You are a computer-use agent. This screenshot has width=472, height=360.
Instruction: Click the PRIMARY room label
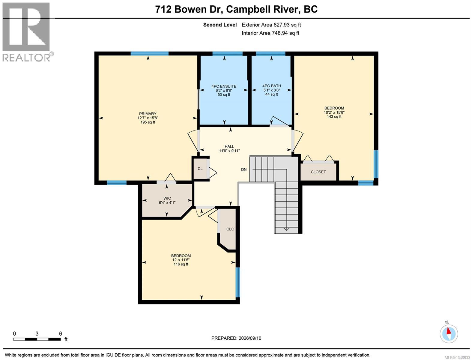[x=148, y=114]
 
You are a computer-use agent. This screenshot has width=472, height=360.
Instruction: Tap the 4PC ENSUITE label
[x=224, y=86]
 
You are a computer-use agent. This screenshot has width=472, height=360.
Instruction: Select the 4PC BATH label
[x=272, y=86]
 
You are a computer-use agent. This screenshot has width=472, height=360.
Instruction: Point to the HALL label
[x=229, y=147]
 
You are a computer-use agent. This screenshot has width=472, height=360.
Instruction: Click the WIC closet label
[x=167, y=198]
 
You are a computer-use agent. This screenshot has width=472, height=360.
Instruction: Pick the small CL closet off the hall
[x=200, y=169]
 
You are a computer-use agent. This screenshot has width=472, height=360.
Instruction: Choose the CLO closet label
[x=230, y=229]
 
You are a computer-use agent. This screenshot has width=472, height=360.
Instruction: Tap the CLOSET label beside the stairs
[x=318, y=172]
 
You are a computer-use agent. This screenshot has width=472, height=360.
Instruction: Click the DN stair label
[x=243, y=170]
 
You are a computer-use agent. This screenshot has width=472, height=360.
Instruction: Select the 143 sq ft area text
[x=334, y=117]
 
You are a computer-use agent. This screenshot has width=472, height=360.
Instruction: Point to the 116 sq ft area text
[x=181, y=264]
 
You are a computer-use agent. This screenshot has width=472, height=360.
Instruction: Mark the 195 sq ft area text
[x=148, y=122]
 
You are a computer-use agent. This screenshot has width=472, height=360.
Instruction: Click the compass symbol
[x=449, y=334]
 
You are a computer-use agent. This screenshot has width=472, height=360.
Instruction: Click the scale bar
[x=37, y=339]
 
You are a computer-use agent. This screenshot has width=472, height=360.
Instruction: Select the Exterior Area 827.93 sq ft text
[x=271, y=25]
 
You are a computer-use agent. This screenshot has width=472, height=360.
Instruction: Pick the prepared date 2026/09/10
[x=250, y=338]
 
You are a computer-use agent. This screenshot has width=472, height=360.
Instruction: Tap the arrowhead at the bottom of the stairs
[x=286, y=229]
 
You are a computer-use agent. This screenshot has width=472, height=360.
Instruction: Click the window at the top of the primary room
[x=150, y=53]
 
